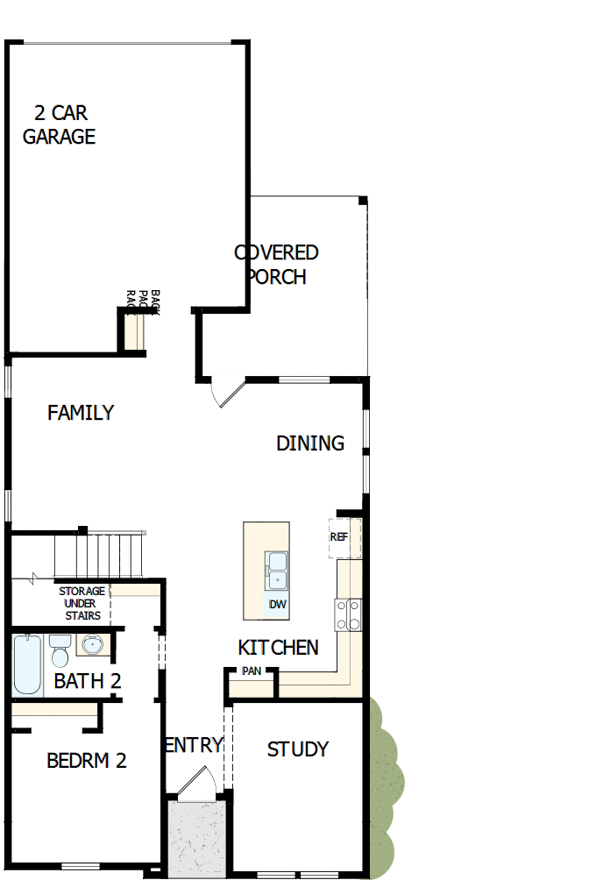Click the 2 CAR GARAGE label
click(x=60, y=124)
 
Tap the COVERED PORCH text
click(x=276, y=265)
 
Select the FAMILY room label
click(x=81, y=413)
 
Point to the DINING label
click(x=310, y=444)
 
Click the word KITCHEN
click(x=278, y=648)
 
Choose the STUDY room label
click(x=298, y=749)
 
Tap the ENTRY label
click(x=195, y=745)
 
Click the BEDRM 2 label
click(x=86, y=761)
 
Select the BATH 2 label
click(x=87, y=681)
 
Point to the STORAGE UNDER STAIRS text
click(x=82, y=603)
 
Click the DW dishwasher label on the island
click(x=278, y=605)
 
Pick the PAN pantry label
click(x=252, y=672)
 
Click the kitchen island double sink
click(x=277, y=570)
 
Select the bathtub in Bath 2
click(x=27, y=664)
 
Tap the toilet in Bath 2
click(x=60, y=652)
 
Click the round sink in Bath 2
click(x=92, y=647)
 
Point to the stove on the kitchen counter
click(x=349, y=614)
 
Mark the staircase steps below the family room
click(x=98, y=553)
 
